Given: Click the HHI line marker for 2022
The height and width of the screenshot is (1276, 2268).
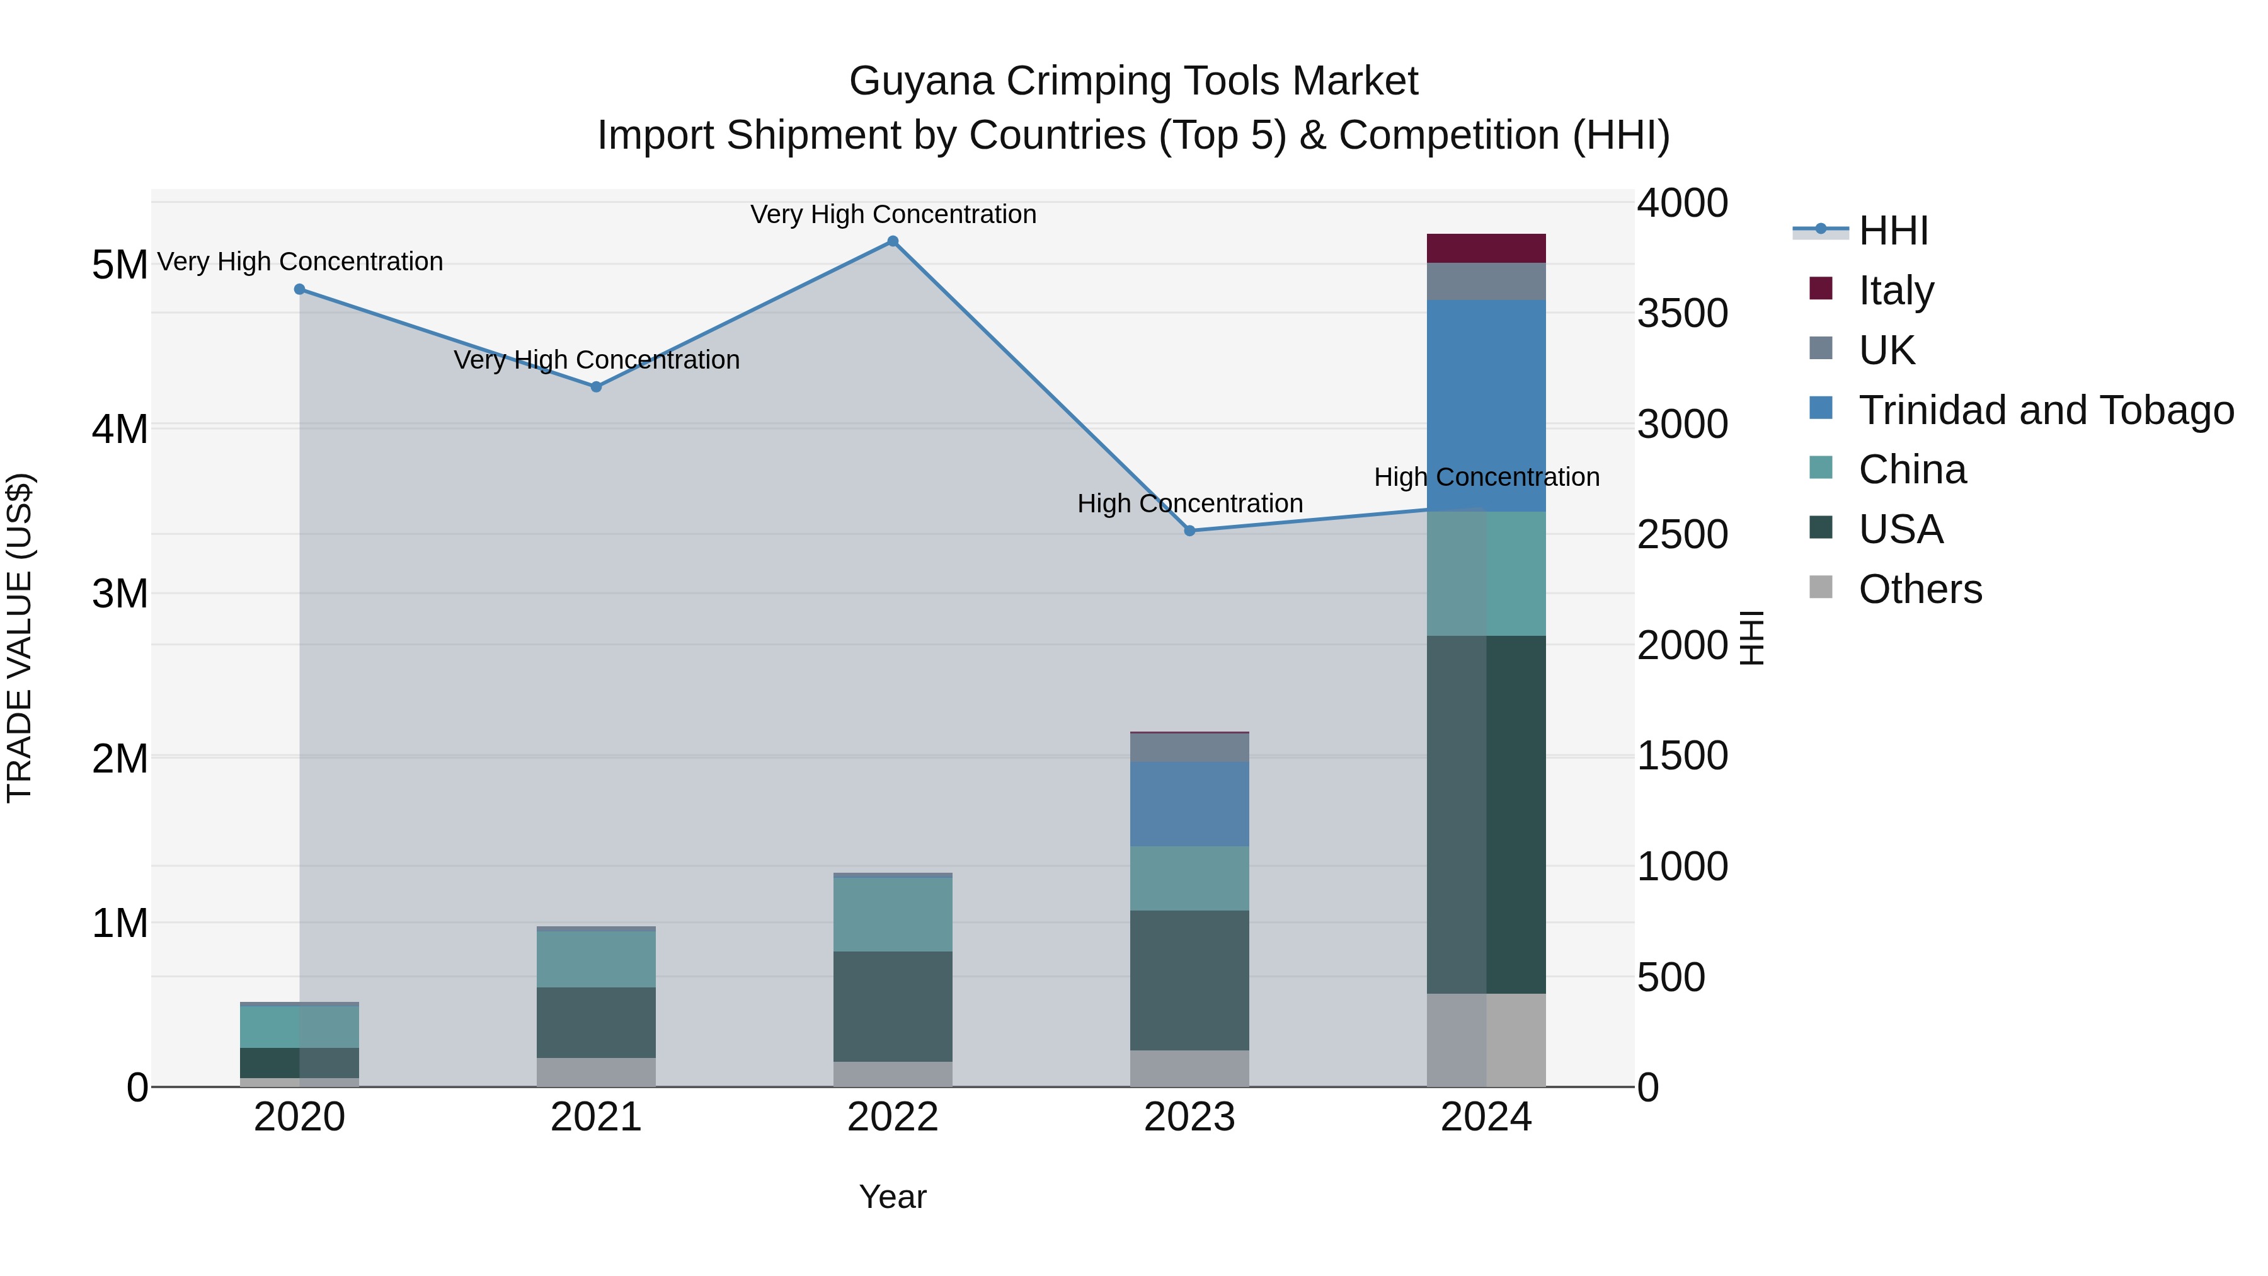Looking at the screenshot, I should click(893, 241).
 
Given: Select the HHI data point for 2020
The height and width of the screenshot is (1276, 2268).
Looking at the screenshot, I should click(299, 289).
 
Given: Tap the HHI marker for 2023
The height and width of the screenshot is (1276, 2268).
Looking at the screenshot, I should click(1189, 531).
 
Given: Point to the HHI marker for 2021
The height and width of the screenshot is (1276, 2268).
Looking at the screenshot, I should click(596, 387).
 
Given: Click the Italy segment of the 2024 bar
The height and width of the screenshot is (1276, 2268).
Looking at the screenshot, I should click(1486, 248).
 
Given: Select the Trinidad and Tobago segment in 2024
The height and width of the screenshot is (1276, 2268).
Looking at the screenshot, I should click(1486, 405).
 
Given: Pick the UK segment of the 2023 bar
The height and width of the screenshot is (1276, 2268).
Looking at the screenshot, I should click(1189, 747).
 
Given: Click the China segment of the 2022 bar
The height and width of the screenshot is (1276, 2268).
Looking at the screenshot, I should click(893, 914).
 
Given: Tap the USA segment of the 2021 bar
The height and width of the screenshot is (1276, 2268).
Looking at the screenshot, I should click(596, 1023).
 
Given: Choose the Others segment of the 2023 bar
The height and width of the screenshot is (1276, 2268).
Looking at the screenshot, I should click(1189, 1068).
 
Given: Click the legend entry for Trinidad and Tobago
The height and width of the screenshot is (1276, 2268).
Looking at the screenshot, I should click(2045, 410).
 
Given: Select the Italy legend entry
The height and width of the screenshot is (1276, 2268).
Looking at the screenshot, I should click(1896, 290).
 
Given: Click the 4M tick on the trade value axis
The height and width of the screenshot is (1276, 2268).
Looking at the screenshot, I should click(120, 430).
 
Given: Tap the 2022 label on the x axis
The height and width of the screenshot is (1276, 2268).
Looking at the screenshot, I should click(893, 1117).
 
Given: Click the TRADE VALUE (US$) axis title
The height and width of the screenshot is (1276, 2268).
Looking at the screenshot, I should click(20, 638).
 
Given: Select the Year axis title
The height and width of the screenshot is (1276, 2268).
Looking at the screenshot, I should click(893, 1197).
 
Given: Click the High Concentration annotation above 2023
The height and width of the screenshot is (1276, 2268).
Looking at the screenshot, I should click(1189, 503).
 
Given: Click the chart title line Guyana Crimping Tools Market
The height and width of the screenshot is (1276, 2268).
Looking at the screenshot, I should click(1133, 81).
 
